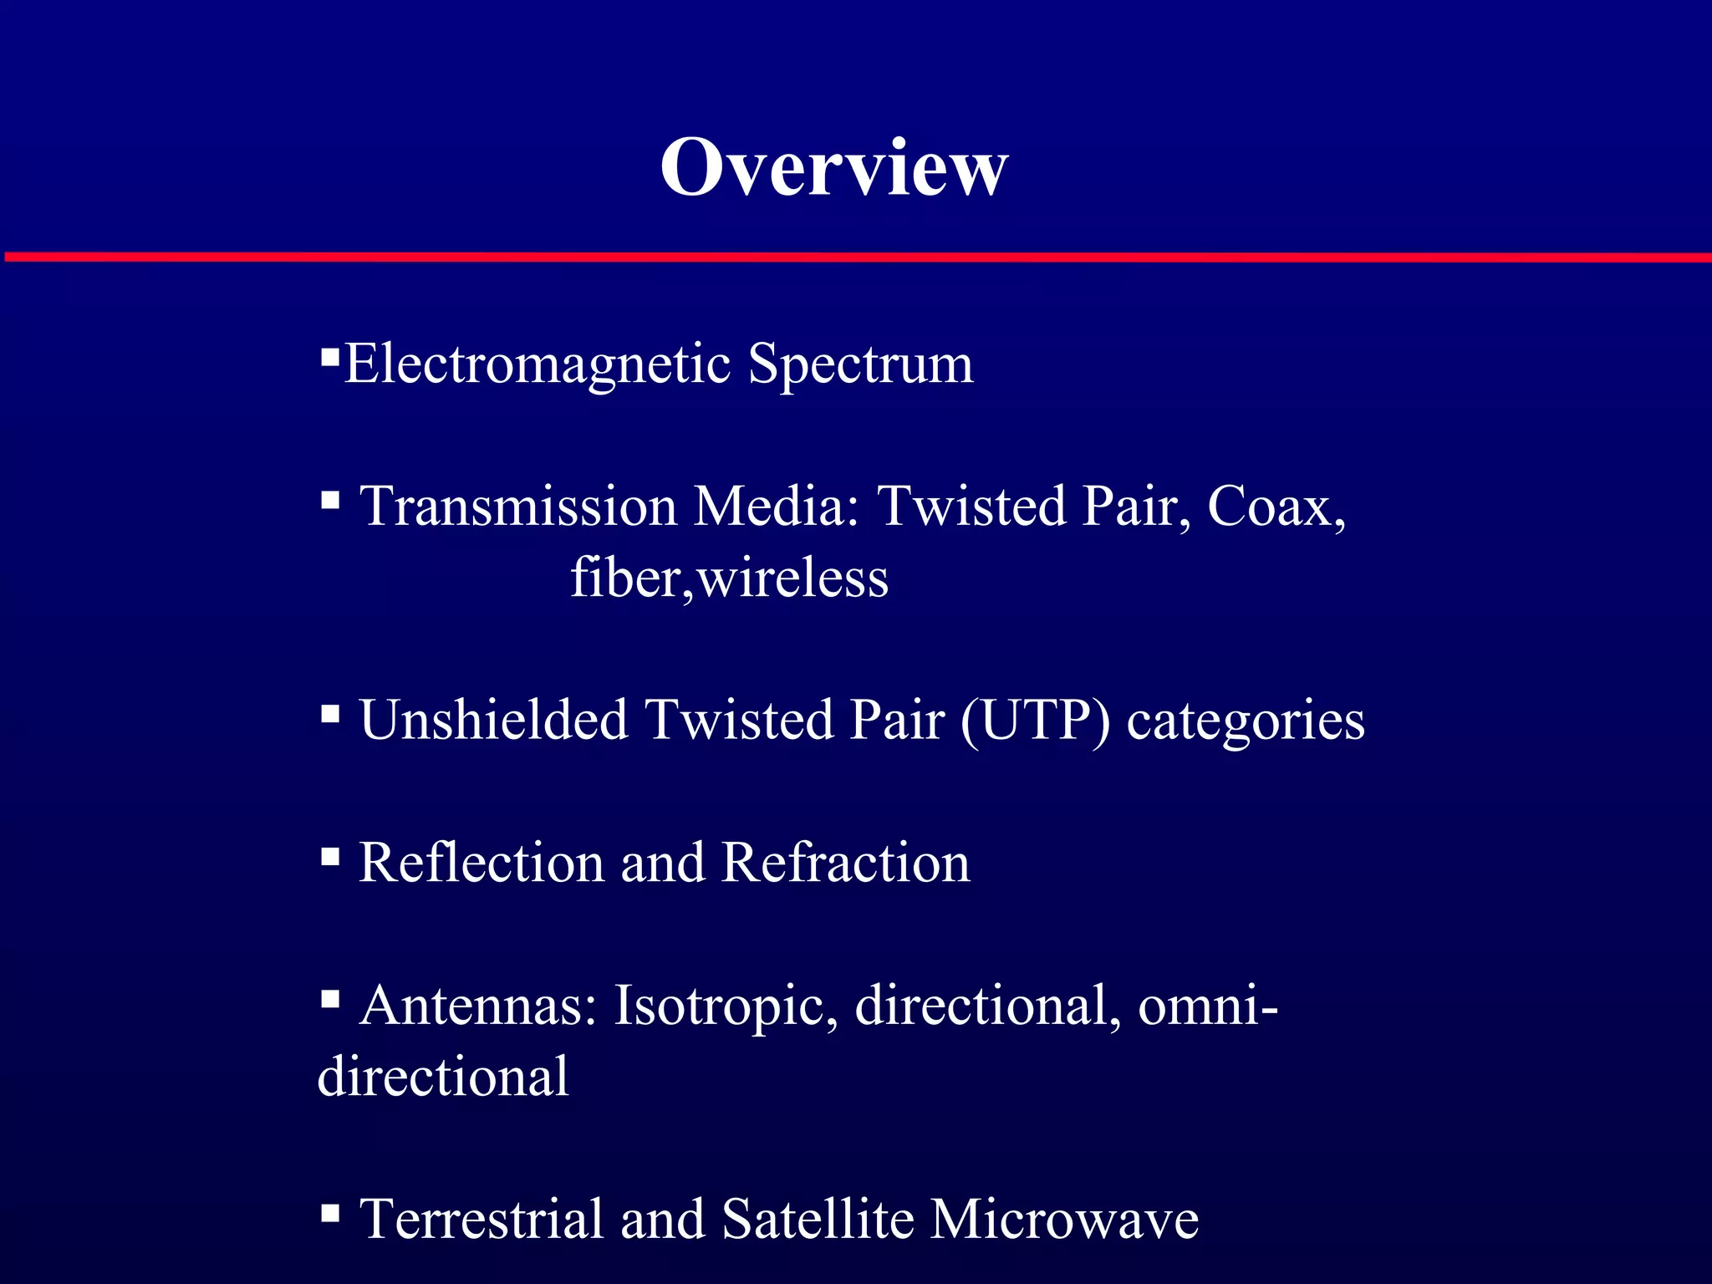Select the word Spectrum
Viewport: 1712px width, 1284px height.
tap(860, 364)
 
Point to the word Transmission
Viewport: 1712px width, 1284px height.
tap(518, 507)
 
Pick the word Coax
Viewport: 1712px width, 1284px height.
tap(1276, 507)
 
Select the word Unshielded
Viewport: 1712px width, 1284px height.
tap(493, 720)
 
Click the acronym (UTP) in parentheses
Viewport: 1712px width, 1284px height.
tap(1036, 720)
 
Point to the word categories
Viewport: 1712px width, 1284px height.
tap(1246, 721)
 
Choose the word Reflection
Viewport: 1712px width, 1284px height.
tap(481, 863)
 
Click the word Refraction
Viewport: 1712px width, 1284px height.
tap(845, 863)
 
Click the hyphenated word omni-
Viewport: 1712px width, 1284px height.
tap(1208, 1005)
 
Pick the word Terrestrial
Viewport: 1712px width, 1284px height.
tap(481, 1219)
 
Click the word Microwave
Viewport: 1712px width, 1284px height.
tap(1064, 1219)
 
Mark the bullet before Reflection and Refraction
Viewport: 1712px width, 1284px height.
tap(330, 856)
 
